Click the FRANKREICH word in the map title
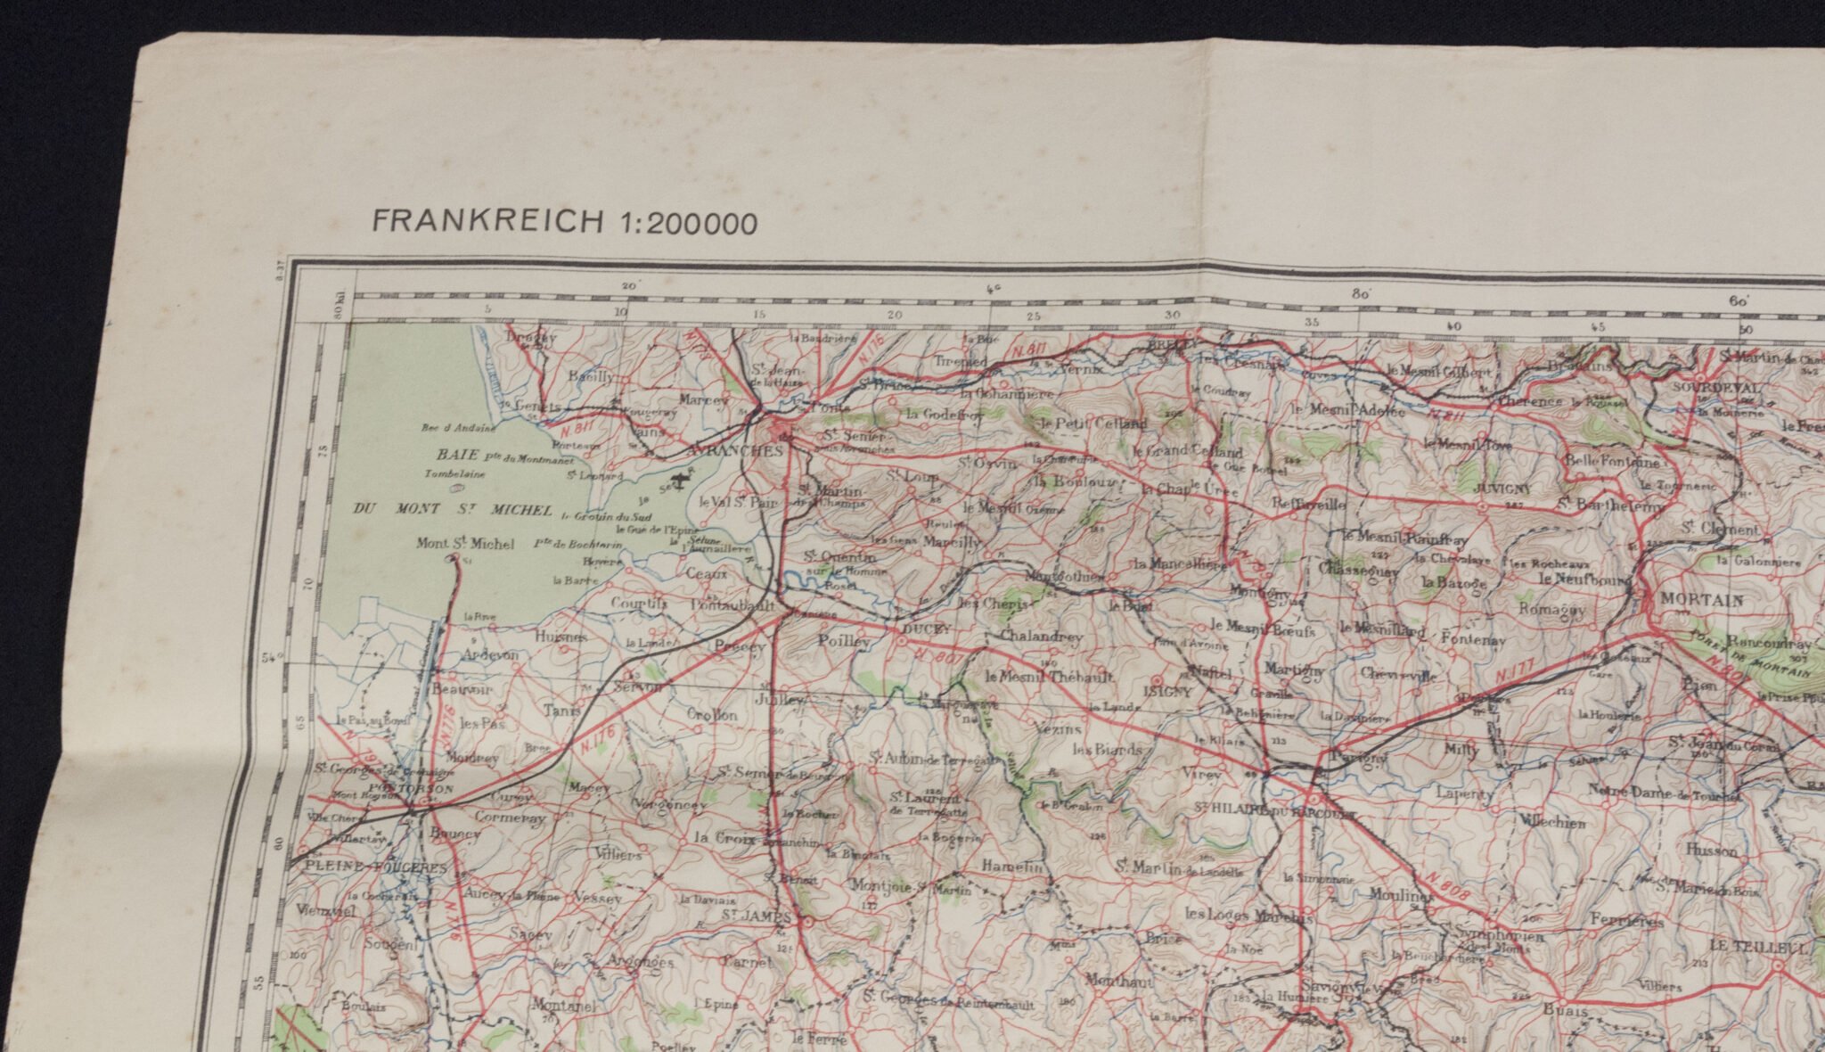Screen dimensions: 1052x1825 click(487, 222)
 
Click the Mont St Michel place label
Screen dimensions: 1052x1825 click(465, 544)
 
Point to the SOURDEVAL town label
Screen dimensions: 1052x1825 click(1716, 389)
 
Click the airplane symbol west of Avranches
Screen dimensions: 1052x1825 click(682, 481)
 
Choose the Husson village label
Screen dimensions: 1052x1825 click(1712, 851)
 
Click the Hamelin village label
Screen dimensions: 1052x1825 click(1011, 866)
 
